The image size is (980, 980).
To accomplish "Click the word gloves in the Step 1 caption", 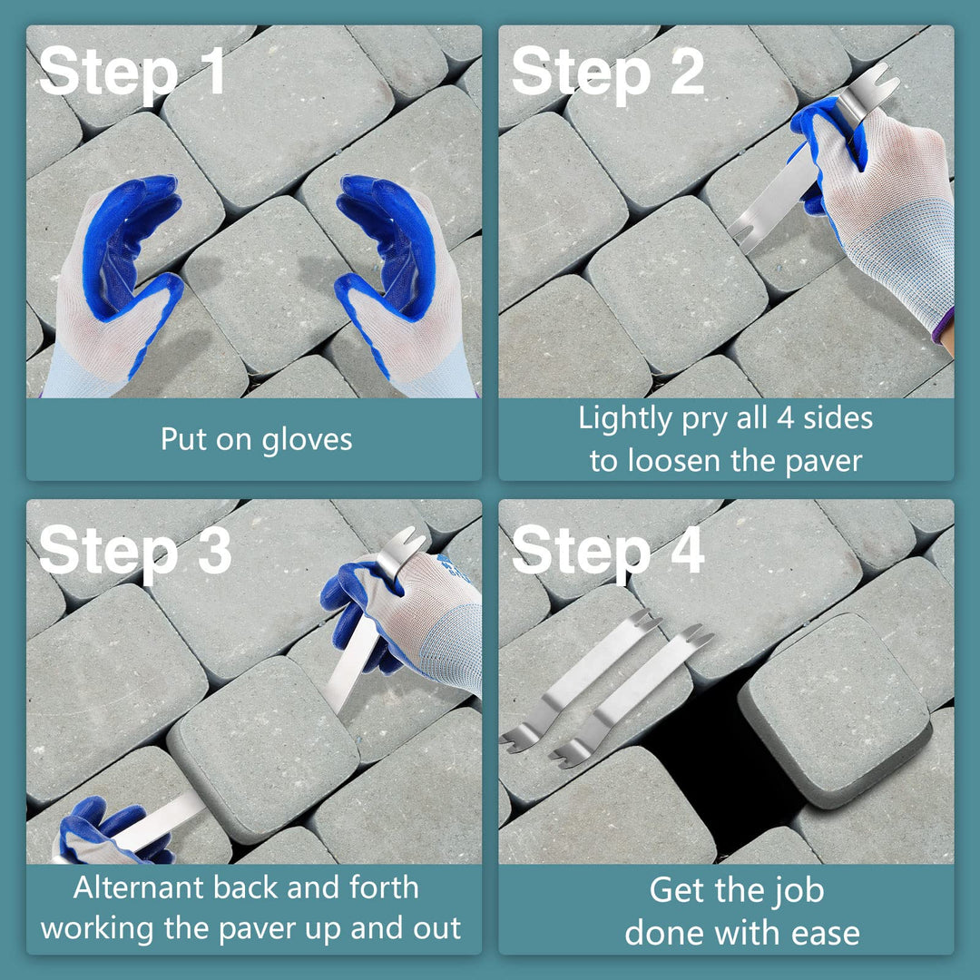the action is [x=307, y=440].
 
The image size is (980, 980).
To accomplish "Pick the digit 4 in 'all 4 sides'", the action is [x=786, y=417].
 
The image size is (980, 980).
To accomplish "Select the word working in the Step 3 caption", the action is [x=97, y=930].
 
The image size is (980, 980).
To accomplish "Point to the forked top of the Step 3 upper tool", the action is [x=407, y=540].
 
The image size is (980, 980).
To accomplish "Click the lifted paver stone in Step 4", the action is [x=835, y=710].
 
